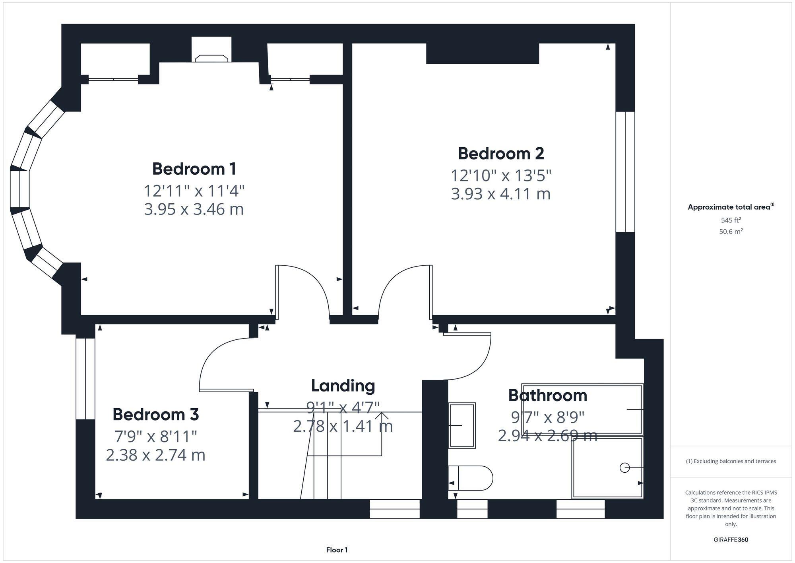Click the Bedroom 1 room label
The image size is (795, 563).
coord(194,169)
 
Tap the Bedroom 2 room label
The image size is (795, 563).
coord(500,154)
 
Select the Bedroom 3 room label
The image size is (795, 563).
coord(155,415)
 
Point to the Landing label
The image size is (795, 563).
coord(343,386)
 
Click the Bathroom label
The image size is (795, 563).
coord(547,395)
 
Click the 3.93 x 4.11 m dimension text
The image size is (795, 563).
coord(500,194)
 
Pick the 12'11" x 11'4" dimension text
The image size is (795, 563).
coord(194,191)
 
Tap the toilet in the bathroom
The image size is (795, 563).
coord(471,478)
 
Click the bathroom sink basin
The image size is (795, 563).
coord(462,425)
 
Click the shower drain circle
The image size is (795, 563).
coord(624,468)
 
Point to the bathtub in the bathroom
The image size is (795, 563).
coord(583,409)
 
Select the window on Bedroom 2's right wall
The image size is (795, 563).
coord(625,172)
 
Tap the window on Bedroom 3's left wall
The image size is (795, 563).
coord(85,379)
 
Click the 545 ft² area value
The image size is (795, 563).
coord(731,220)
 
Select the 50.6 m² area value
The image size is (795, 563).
coord(731,232)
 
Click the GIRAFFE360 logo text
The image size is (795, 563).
coord(731,540)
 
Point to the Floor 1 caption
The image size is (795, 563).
coord(337,550)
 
